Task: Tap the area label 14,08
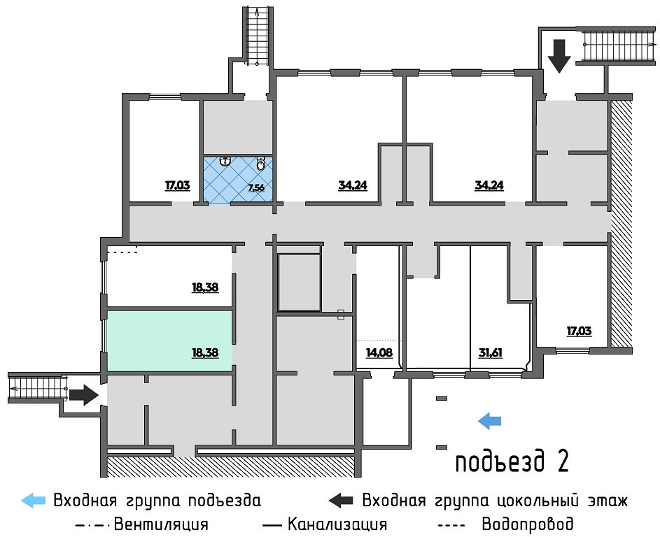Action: tap(379, 352)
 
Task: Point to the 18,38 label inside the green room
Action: tap(205, 352)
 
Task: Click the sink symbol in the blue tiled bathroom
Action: tap(225, 161)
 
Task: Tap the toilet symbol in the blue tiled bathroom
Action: tap(260, 164)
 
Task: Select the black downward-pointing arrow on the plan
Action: tap(559, 56)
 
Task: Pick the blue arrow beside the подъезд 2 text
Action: tap(490, 420)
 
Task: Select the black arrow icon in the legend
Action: tap(341, 501)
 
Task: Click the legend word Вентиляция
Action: tap(160, 524)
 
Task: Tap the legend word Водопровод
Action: tap(528, 524)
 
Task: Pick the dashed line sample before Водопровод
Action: tap(450, 524)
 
